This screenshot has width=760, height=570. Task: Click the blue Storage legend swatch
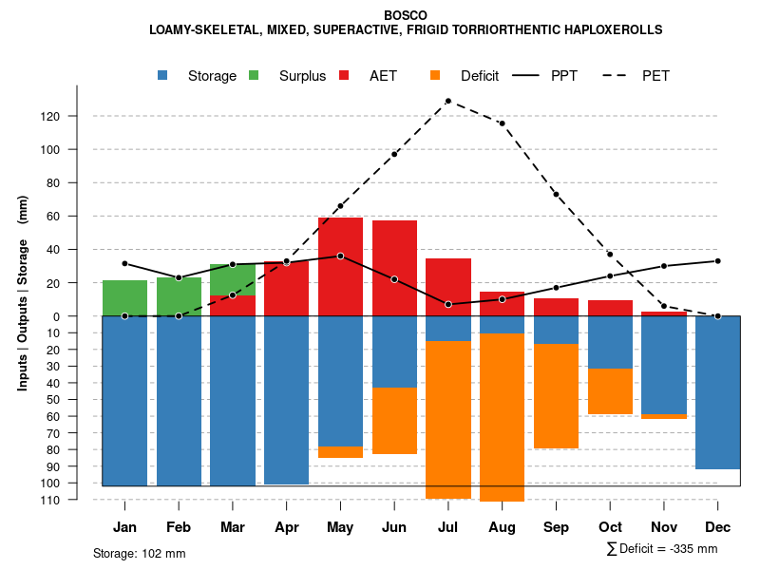point(164,75)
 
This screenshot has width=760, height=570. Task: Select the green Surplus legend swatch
point(255,75)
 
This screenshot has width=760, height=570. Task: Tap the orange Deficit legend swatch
point(436,75)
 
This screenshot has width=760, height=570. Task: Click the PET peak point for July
point(447,101)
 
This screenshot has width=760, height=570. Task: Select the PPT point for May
point(340,256)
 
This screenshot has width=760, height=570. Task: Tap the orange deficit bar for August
point(502,417)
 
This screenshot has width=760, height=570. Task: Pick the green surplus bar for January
point(124,298)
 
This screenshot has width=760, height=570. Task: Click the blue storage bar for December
point(717,392)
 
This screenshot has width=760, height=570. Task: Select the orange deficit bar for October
point(610,391)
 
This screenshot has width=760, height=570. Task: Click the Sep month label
point(556,527)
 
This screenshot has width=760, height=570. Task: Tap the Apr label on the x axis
point(287,527)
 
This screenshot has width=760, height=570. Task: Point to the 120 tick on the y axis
point(77,116)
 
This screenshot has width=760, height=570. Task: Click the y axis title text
point(23,299)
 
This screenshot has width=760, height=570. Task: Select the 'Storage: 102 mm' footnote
point(139,553)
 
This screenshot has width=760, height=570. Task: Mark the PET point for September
point(556,194)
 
